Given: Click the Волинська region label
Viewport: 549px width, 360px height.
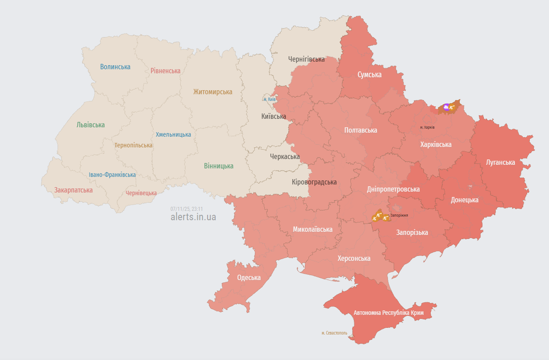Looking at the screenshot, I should pyautogui.click(x=115, y=67).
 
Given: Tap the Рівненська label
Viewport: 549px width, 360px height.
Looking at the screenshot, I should pyautogui.click(x=165, y=71).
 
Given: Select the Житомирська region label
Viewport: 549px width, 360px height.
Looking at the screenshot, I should pyautogui.click(x=212, y=92).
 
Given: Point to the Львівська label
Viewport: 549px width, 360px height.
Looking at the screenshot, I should pyautogui.click(x=91, y=125).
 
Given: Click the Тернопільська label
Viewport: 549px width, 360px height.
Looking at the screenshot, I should pyautogui.click(x=133, y=146).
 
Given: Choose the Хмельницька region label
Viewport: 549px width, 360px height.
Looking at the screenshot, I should pyautogui.click(x=173, y=134).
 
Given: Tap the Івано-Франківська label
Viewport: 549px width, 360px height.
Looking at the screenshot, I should pyautogui.click(x=112, y=175).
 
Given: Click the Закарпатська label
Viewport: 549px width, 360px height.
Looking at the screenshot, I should pyautogui.click(x=74, y=190).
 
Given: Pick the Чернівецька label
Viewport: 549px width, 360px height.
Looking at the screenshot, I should pyautogui.click(x=141, y=193).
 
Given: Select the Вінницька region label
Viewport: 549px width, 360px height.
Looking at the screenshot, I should pyautogui.click(x=218, y=166).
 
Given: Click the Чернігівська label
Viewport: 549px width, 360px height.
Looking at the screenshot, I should pyautogui.click(x=306, y=59).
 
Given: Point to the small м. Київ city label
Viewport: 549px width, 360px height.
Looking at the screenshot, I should pyautogui.click(x=269, y=99).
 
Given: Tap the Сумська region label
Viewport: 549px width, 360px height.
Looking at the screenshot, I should pyautogui.click(x=369, y=75).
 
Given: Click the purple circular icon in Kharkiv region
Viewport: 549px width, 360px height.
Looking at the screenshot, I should pyautogui.click(x=446, y=107).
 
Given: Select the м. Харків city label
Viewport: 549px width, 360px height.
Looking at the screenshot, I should pyautogui.click(x=427, y=127).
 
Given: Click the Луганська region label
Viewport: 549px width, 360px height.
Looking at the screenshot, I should pyautogui.click(x=500, y=163).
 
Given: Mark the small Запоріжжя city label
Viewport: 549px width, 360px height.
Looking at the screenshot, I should pyautogui.click(x=399, y=215).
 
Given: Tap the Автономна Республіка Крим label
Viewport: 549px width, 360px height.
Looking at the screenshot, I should pyautogui.click(x=388, y=313).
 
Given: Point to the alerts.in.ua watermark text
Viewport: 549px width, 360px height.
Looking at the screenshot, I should pyautogui.click(x=193, y=217).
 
